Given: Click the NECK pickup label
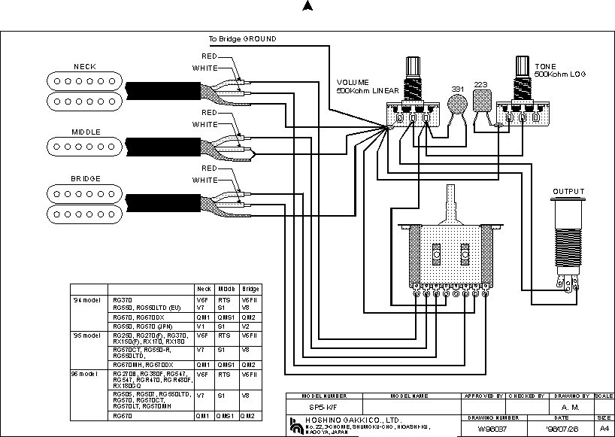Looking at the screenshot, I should pos(84,67).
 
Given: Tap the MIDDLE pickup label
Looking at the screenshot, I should pos(86,132).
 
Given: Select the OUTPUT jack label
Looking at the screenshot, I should pos(568,192).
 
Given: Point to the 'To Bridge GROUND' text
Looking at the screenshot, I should pos(242,38).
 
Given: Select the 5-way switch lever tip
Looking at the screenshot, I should pos(450,190).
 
